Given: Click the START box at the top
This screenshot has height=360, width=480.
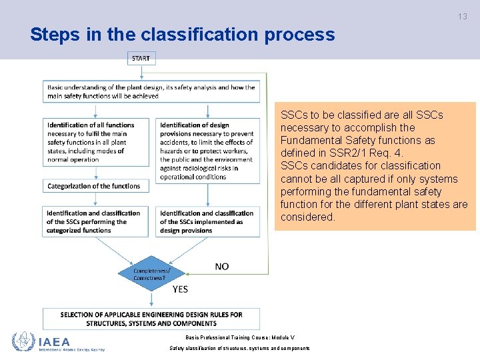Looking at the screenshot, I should [141, 59].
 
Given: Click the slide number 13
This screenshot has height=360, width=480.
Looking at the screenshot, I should [463, 17].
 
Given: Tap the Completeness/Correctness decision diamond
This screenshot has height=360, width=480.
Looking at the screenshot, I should [151, 273].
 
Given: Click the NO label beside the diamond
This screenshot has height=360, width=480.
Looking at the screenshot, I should [221, 266].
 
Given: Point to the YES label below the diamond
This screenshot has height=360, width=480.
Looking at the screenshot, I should [180, 289].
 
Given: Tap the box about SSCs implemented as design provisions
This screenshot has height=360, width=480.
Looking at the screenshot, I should [208, 221].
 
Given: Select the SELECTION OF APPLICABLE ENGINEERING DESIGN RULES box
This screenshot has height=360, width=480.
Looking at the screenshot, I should [151, 319].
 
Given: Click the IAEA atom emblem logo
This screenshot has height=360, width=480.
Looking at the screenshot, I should [23, 341].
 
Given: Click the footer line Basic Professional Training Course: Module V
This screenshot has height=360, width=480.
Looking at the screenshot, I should [239, 337].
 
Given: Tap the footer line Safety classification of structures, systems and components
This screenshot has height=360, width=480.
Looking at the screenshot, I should [239, 348].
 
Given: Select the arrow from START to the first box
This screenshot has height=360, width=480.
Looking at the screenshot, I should [141, 72].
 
